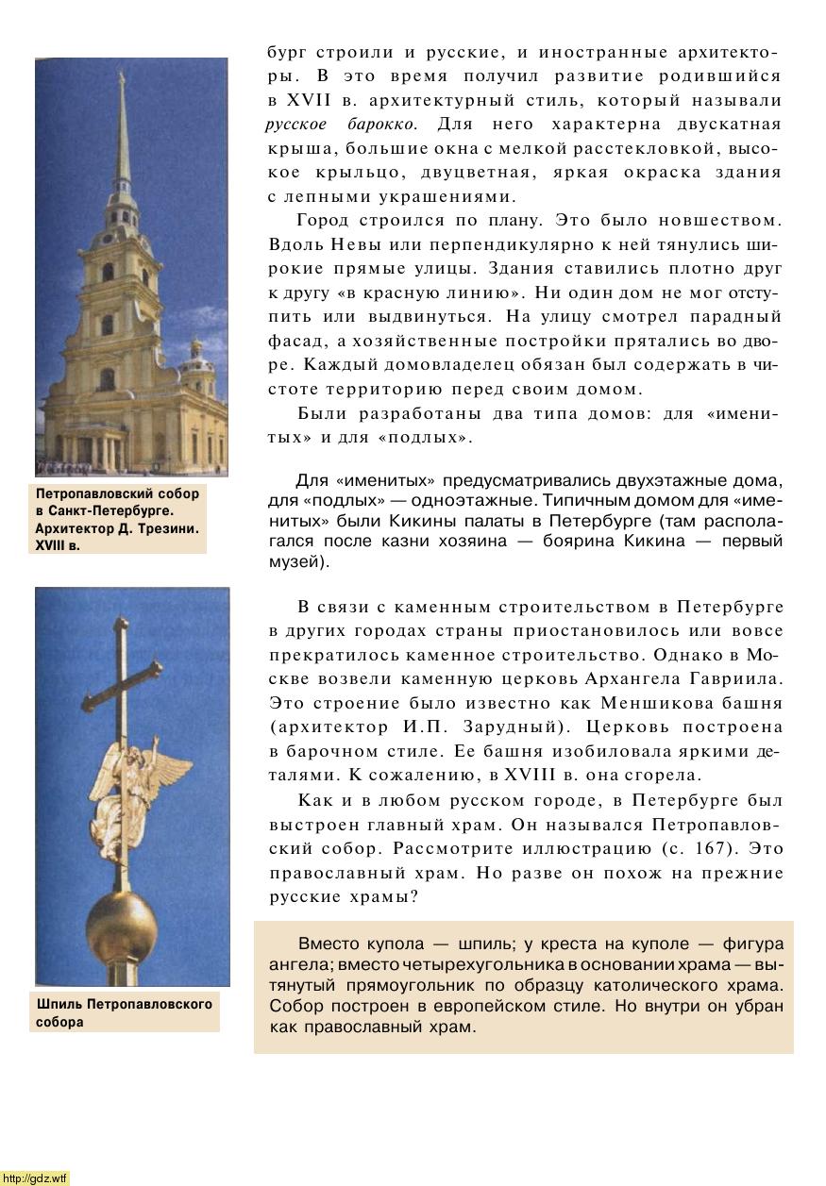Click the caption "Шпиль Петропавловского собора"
coord(124,1012)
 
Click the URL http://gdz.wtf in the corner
coord(35,1178)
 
